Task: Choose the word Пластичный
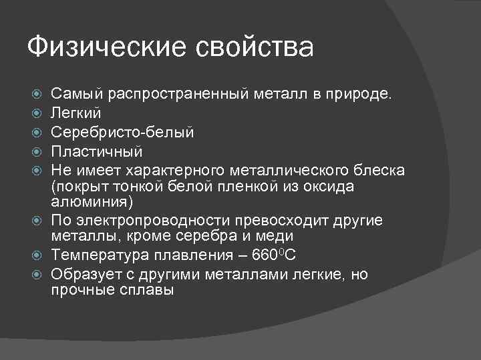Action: pyautogui.click(x=97, y=152)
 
